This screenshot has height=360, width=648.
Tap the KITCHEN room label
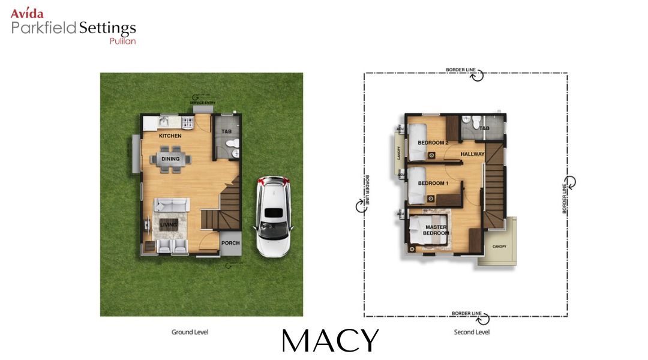coord(170,136)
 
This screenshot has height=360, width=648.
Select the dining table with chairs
coord(170,160)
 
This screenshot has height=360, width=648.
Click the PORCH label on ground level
coord(230,243)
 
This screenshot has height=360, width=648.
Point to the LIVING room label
coord(169,225)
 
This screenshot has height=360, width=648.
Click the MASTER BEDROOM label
coord(436,230)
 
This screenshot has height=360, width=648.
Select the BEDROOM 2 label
coord(433,143)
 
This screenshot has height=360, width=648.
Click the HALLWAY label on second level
coord(472,154)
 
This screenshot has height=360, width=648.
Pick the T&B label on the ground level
coord(226,131)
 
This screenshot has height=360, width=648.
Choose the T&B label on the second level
coord(484,128)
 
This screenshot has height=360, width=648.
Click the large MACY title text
coord(330,341)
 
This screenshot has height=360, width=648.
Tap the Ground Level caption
coord(190,332)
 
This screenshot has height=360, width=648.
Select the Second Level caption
coord(472,332)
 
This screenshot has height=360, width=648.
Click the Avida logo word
coord(27,13)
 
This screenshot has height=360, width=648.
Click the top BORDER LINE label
coord(461,70)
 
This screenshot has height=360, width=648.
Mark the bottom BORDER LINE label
coord(467,313)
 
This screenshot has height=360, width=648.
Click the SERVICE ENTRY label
coord(202,103)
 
